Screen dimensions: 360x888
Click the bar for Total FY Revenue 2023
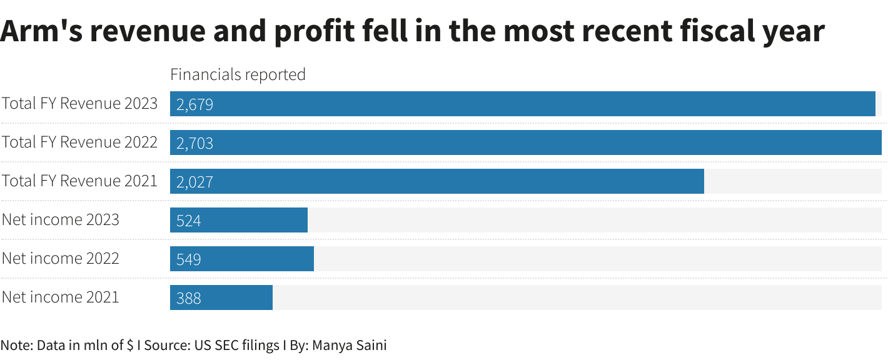(522, 104)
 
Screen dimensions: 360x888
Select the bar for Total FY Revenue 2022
(525, 142)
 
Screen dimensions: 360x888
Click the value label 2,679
(194, 104)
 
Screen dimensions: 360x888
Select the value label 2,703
(194, 143)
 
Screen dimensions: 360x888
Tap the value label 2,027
(194, 182)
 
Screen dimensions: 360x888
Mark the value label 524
(188, 221)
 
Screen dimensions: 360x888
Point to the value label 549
(188, 259)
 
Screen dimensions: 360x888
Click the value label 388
(188, 298)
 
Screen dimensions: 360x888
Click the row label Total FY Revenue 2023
(79, 103)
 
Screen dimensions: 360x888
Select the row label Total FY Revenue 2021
(79, 181)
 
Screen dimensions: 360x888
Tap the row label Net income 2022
(60, 258)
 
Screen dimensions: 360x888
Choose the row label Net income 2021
(60, 297)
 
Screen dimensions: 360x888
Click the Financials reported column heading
(238, 74)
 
